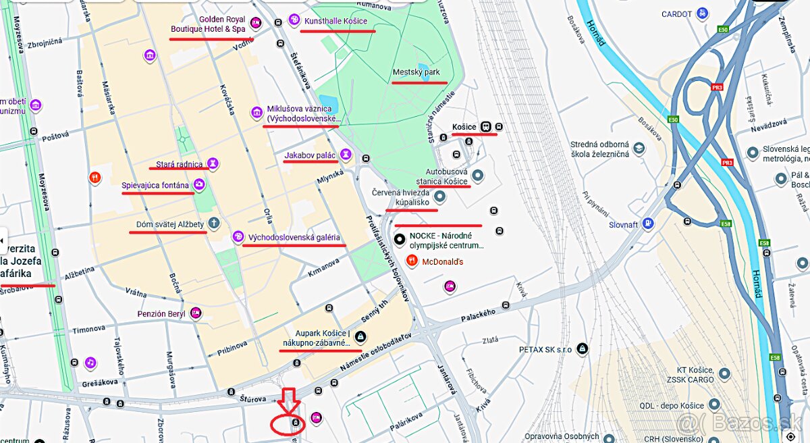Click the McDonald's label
pos(442,261)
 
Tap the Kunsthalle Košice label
pos(335,21)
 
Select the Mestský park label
pos(416,72)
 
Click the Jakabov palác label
pos(310,155)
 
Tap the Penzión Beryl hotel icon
pos(196,313)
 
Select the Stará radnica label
pos(179,164)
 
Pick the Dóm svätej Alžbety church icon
pos(214,222)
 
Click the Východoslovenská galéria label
pos(294,238)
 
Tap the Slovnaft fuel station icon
pos(648,223)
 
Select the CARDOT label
pos(676,14)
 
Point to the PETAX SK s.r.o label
pos(545,350)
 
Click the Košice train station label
pos(464,127)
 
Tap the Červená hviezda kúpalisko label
pos(400,197)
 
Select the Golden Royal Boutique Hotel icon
pos(256,24)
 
